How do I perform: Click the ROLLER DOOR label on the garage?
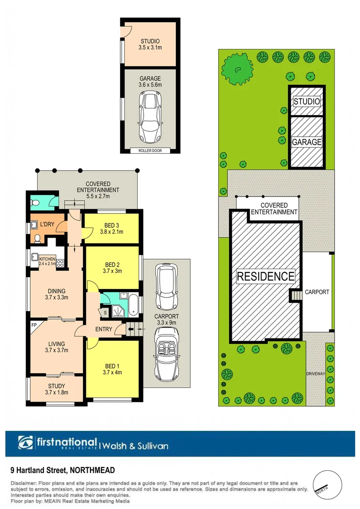(x=150, y=150)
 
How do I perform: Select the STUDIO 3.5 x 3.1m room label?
(x=150, y=44)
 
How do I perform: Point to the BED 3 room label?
(x=112, y=228)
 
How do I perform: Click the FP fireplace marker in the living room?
(x=33, y=326)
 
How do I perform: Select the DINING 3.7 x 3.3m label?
(x=56, y=294)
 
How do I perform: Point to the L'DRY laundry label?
(x=47, y=224)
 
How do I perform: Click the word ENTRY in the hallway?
(x=104, y=329)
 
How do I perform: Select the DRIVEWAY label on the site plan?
(x=316, y=373)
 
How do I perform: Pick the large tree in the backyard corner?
(x=235, y=67)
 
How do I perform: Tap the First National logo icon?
(x=26, y=443)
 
